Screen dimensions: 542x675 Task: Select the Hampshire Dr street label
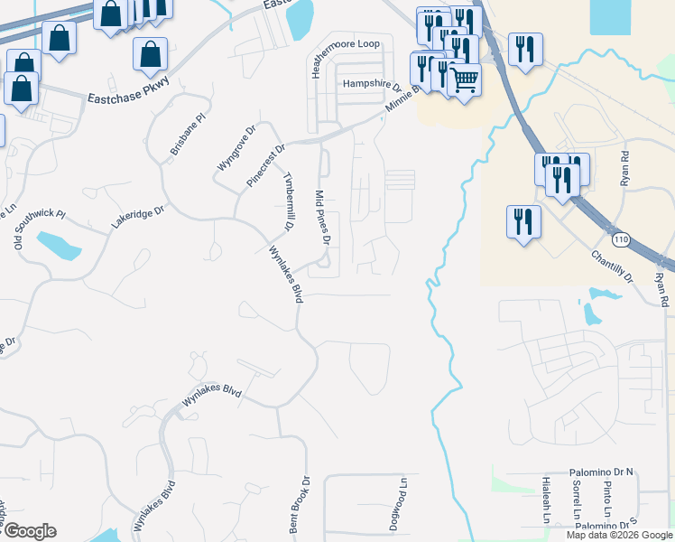pos(371,85)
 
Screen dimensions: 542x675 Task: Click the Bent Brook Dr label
pos(300,505)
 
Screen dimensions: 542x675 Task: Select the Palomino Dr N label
pos(602,472)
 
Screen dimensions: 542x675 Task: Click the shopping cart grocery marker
pos(464,79)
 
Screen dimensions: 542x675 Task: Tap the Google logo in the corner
pos(29,531)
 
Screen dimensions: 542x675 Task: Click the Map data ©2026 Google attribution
pos(619,535)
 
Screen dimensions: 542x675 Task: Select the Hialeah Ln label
pos(546,502)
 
